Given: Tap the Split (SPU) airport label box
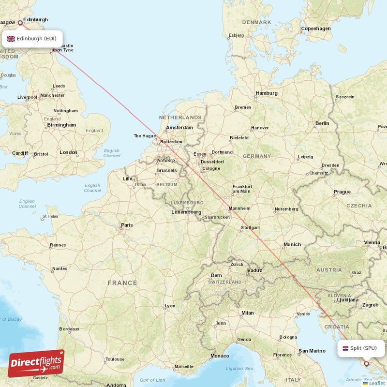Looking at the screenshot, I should point(361,348).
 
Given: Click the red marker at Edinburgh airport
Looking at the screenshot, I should point(20,22).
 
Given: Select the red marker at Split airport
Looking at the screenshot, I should point(366,363).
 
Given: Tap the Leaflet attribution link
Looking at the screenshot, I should point(377,383).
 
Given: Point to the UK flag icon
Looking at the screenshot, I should point(11,38).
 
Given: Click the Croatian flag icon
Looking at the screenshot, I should point(345,348).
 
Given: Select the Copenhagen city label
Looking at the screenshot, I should point(316,29).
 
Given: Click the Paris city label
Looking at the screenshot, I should point(127,224).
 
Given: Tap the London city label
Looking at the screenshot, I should point(68,152).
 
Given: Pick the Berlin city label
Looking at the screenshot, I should point(322,123).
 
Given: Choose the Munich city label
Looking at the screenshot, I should point(292,245).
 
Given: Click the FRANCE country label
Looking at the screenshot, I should point(122,283).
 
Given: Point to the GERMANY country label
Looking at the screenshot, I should point(257,156).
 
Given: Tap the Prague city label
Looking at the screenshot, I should point(342,192).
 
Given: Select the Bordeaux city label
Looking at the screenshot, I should point(69,329).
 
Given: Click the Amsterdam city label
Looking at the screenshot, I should point(179,128).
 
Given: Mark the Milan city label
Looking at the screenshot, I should point(247,313).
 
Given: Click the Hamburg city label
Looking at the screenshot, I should point(267,93).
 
